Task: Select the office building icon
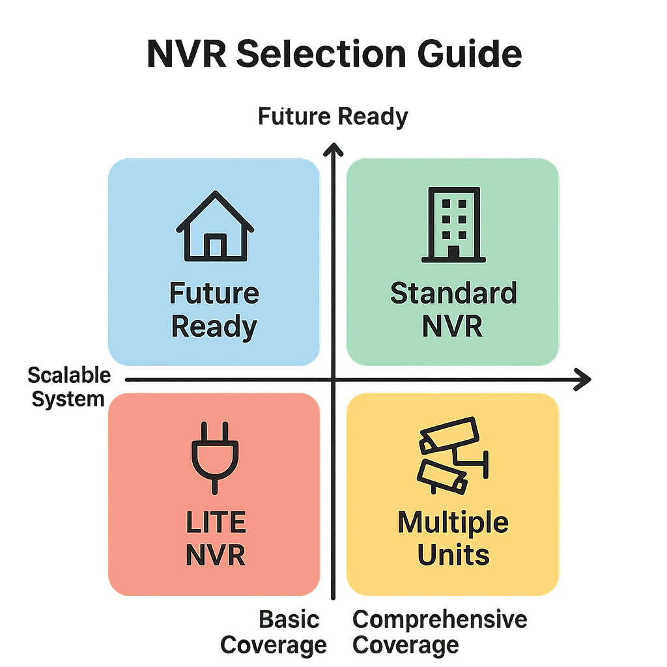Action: (x=453, y=225)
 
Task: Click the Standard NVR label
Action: (x=453, y=309)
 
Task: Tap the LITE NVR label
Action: (x=215, y=539)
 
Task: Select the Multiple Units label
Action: (x=453, y=539)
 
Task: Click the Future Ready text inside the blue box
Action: (x=214, y=309)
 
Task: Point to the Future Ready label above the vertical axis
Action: (x=333, y=117)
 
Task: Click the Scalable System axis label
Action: (x=68, y=387)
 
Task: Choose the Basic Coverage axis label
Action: (x=274, y=632)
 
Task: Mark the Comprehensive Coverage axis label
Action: (x=440, y=632)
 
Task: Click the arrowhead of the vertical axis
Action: (x=333, y=149)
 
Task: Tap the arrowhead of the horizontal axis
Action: (x=583, y=380)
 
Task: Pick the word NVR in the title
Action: (x=187, y=54)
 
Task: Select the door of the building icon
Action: (x=453, y=251)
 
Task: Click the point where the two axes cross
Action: (x=333, y=380)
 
